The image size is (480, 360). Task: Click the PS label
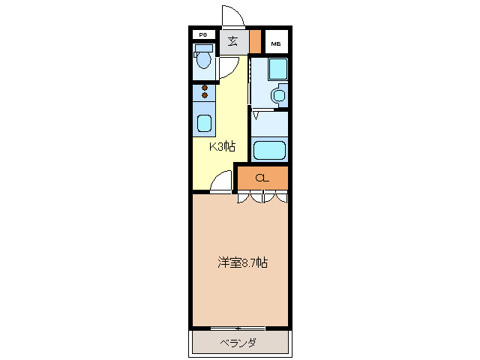click(202, 35)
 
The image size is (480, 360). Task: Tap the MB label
click(277, 43)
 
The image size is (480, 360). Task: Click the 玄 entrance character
click(233, 41)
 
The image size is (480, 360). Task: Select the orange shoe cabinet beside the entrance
click(255, 41)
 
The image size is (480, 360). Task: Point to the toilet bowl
click(203, 60)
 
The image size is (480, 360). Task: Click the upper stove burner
click(204, 88)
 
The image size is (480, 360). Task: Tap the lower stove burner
click(204, 96)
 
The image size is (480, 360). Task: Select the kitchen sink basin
click(204, 122)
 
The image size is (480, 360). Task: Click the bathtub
click(269, 149)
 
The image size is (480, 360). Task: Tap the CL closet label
click(262, 178)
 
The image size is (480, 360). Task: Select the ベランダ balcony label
click(238, 343)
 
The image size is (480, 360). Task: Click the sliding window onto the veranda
click(238, 328)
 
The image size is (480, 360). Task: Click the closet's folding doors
click(262, 197)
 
